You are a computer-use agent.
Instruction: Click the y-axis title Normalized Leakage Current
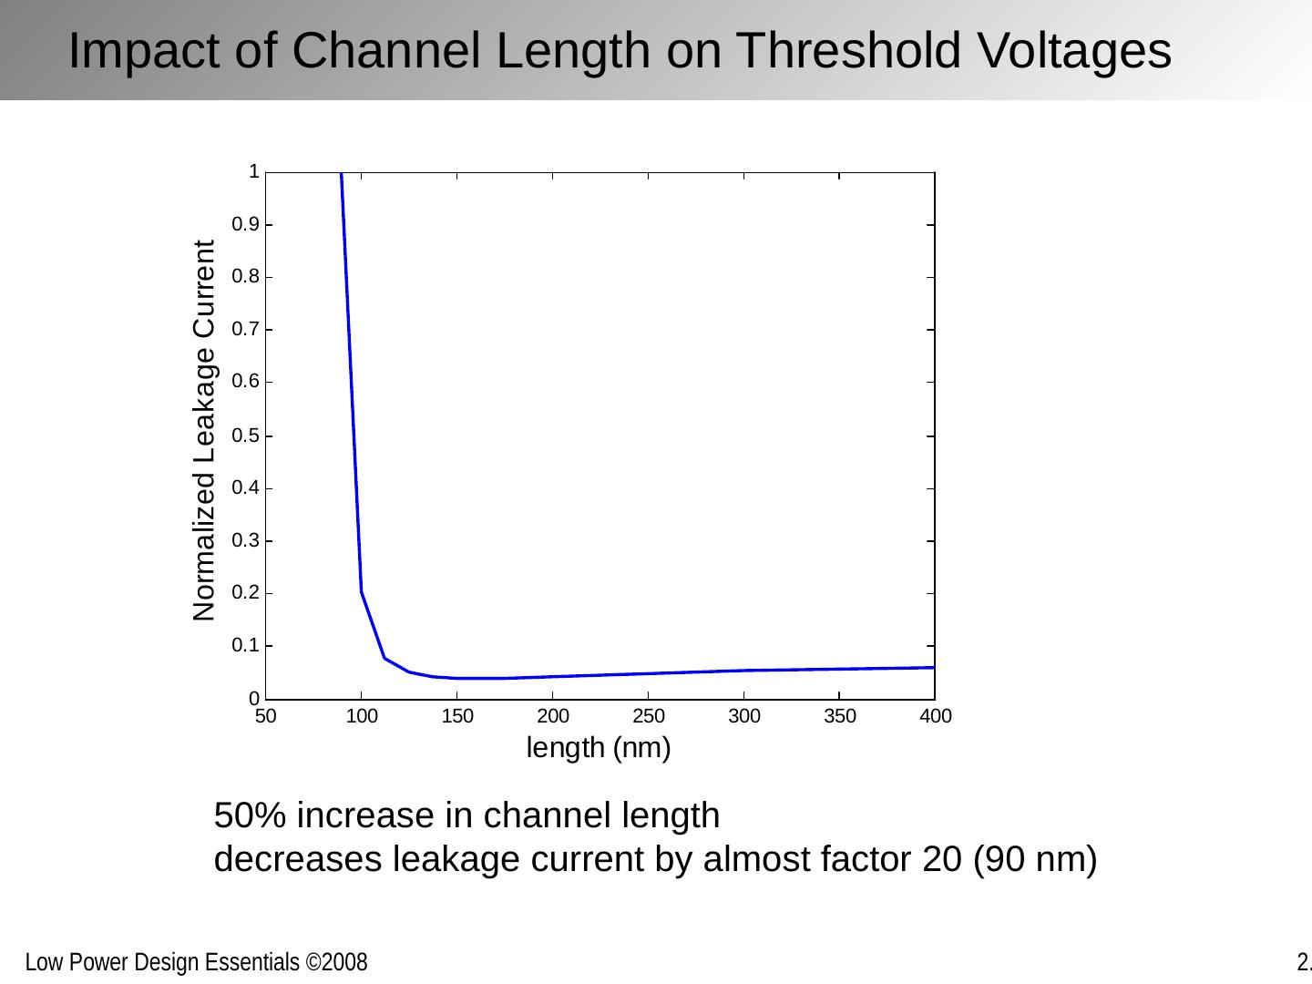pos(205,431)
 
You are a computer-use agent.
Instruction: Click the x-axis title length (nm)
pos(599,748)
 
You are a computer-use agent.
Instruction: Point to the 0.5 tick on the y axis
pos(245,436)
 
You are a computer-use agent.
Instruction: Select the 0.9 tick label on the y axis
pos(245,224)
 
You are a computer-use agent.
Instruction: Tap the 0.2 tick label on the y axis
pos(245,593)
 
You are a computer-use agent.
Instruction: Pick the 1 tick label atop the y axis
pos(254,171)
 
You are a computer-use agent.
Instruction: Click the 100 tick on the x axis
pos(362,716)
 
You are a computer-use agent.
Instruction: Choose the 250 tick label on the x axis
pos(649,716)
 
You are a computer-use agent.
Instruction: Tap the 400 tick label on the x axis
pos(936,716)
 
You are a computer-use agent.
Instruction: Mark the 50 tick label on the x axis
pos(265,716)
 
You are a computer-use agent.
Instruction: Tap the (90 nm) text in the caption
pos(1035,859)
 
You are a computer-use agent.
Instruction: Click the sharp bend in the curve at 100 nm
pos(362,592)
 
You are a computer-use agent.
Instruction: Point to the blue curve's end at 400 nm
pos(934,668)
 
